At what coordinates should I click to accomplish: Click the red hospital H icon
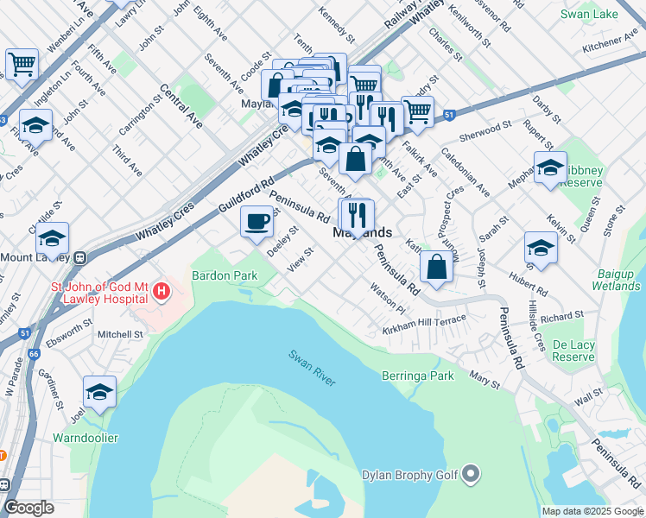pyautogui.click(x=161, y=292)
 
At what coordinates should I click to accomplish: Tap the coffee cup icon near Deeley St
pyautogui.click(x=256, y=222)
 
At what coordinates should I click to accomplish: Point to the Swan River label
pyautogui.click(x=312, y=367)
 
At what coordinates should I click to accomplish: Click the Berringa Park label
pyautogui.click(x=418, y=376)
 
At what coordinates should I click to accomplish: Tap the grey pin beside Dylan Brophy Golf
pyautogui.click(x=471, y=473)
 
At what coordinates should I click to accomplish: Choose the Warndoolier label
pyautogui.click(x=85, y=438)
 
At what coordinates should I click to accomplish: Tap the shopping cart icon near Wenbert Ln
pyautogui.click(x=22, y=64)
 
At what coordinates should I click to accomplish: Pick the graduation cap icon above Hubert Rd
pyautogui.click(x=541, y=247)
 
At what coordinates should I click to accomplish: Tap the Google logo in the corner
pyautogui.click(x=28, y=508)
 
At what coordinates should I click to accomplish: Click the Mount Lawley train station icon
pyautogui.click(x=80, y=256)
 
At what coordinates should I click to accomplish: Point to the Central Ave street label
pyautogui.click(x=180, y=108)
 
